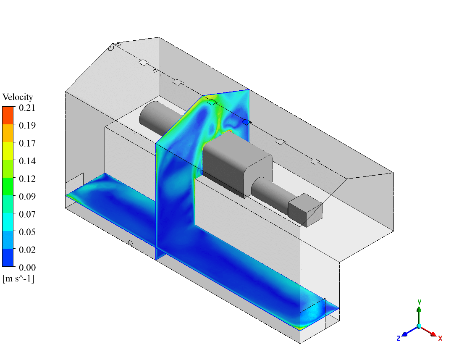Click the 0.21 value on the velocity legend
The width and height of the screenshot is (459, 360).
coord(27,108)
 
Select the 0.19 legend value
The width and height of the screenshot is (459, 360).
coord(27,125)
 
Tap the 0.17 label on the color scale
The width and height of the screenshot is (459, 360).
coord(27,143)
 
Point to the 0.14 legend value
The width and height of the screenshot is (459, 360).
coord(27,161)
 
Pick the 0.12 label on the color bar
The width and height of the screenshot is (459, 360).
coord(27,179)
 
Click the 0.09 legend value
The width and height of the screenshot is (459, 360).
coord(27,196)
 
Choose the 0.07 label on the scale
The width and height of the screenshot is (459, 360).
coord(27,214)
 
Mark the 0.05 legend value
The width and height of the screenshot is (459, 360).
coord(27,232)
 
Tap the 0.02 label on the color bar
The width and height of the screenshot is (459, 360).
coord(27,250)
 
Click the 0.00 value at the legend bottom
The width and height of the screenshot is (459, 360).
coord(27,268)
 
